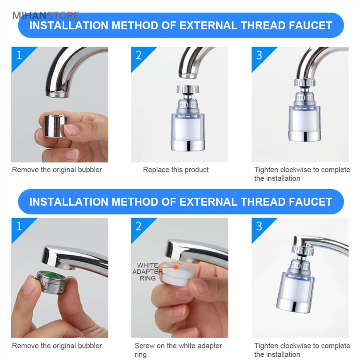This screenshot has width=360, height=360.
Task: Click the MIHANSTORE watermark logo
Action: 46,16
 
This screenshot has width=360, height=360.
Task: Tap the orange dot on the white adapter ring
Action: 176,267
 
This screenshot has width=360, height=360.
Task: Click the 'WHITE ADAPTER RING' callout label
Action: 147,272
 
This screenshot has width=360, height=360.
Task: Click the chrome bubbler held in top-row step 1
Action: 56,126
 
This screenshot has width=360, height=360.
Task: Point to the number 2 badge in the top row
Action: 139,55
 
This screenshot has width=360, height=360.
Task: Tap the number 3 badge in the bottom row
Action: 259,226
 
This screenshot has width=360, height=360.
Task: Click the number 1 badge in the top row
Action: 19,55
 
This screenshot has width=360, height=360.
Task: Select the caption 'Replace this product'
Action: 176,170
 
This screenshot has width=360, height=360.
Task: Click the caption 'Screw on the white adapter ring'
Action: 178,350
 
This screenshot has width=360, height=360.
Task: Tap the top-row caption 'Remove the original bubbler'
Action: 57,170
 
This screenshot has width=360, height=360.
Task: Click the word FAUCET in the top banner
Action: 310,25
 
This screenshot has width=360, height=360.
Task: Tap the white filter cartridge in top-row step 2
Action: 188,128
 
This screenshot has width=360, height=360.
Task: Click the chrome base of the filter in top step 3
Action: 305,136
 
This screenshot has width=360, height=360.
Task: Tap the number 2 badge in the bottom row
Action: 139,226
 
